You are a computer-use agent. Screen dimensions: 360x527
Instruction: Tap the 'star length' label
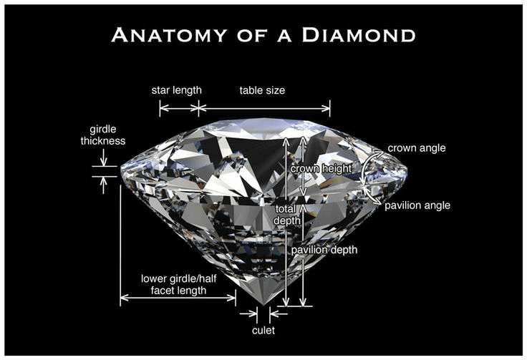click(176, 91)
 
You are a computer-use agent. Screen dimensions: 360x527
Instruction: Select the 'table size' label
click(262, 91)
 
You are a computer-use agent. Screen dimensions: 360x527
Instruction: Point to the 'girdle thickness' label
click(102, 135)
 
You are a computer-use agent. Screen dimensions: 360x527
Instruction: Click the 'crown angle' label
click(417, 148)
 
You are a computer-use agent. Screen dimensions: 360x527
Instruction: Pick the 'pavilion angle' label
click(417, 205)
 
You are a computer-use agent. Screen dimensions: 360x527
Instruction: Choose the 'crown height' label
click(321, 168)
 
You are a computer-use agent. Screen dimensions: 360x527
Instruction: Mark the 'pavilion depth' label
click(323, 250)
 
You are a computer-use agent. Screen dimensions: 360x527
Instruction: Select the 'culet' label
click(263, 331)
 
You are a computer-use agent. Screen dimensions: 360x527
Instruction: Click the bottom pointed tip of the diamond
click(263, 306)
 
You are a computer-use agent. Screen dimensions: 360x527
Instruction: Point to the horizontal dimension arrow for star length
click(178, 109)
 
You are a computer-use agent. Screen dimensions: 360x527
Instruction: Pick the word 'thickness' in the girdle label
click(102, 142)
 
